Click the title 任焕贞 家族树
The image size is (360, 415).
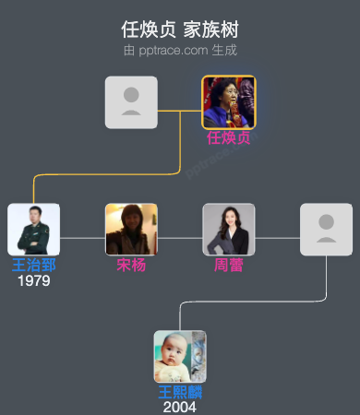(x=180, y=29)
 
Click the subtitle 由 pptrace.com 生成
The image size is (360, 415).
(x=180, y=49)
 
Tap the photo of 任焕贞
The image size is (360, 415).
(x=229, y=102)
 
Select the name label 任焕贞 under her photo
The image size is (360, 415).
(x=229, y=138)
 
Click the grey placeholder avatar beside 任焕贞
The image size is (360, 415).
(x=131, y=102)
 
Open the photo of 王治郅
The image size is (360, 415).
(x=34, y=230)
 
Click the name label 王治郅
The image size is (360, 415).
(x=34, y=266)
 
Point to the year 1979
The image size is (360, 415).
(x=34, y=280)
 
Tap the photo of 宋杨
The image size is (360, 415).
(x=131, y=230)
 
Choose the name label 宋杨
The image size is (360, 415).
(x=131, y=266)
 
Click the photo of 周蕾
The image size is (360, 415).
(x=229, y=230)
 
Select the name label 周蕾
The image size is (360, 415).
(x=229, y=266)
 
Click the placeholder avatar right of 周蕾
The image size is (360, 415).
(x=326, y=230)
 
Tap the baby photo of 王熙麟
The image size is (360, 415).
(x=180, y=356)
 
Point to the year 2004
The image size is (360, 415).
(x=180, y=407)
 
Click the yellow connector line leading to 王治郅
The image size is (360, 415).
(x=111, y=172)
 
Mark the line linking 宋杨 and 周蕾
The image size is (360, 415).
(x=180, y=238)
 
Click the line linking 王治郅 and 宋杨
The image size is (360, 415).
(x=83, y=238)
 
